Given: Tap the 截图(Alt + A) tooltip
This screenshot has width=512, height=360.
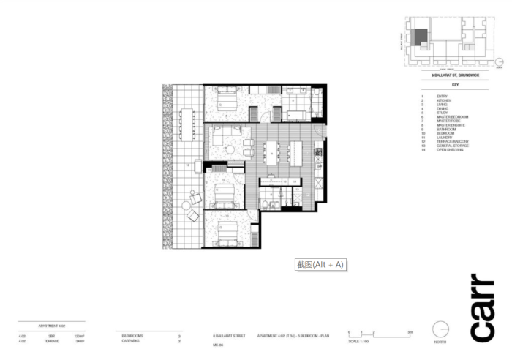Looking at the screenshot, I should pos(320,265).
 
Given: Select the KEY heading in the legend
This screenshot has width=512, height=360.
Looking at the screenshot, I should pos(444,86).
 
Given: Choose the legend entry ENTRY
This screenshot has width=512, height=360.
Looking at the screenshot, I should pos(441,96).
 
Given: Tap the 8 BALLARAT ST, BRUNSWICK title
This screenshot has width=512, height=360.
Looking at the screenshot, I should pos(444,76).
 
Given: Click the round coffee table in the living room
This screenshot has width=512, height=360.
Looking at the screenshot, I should pos(230,149).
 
